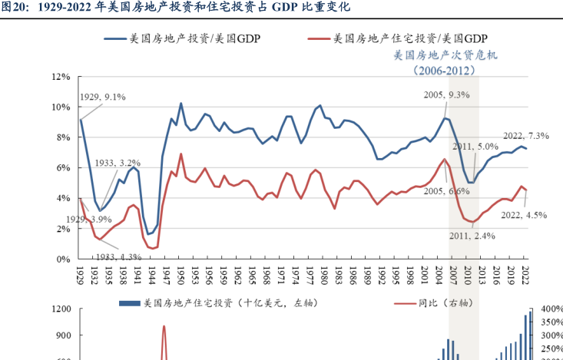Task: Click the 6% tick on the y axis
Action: (x=62, y=168)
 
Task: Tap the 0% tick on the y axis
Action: (x=62, y=259)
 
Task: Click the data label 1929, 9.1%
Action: (x=102, y=97)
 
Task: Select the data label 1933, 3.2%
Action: (x=118, y=163)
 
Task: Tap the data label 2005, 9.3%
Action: (x=446, y=94)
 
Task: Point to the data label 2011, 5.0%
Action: (x=475, y=146)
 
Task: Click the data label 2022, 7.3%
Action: (x=525, y=136)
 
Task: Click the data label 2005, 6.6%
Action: (x=446, y=190)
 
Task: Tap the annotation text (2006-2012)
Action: (x=444, y=70)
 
